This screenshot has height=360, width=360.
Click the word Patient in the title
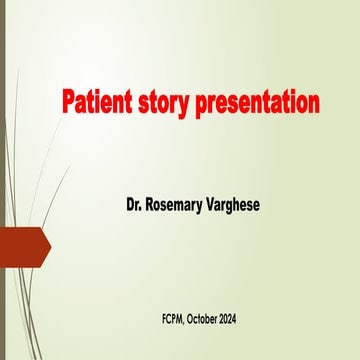[96, 103]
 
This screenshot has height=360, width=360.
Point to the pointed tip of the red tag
[49, 244]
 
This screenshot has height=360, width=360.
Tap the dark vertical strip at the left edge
[2, 180]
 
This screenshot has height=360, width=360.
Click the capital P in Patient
[69, 103]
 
